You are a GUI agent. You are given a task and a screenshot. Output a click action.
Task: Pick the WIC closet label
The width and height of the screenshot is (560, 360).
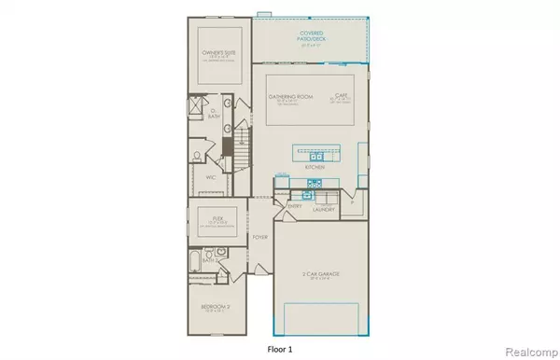(x=211, y=174)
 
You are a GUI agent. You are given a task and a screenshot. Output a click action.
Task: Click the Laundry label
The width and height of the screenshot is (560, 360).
(x=326, y=211)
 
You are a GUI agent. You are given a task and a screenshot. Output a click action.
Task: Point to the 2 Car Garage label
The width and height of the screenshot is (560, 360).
(x=321, y=271)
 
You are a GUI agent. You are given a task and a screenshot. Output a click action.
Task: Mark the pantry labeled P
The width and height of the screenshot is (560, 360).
(x=352, y=201)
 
